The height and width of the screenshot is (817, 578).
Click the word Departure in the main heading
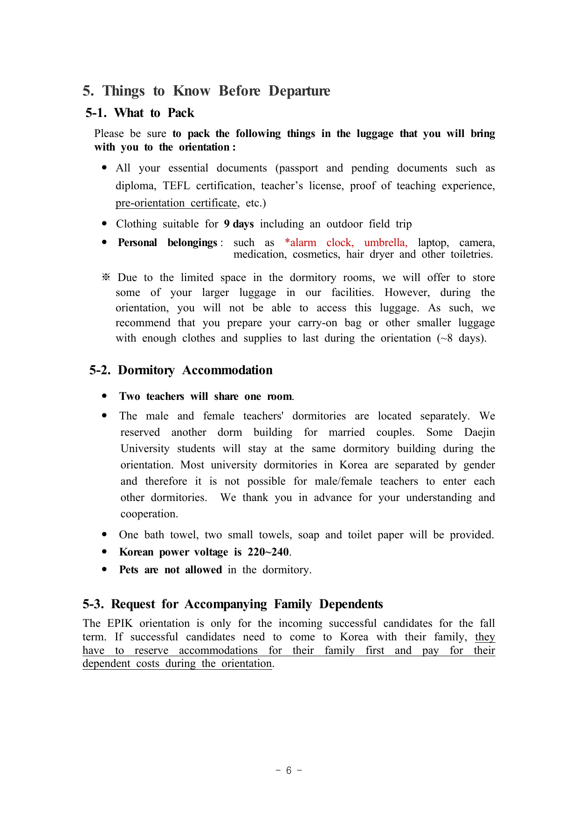(x=299, y=91)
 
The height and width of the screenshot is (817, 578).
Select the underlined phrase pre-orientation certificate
(x=177, y=203)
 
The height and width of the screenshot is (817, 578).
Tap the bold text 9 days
(x=239, y=224)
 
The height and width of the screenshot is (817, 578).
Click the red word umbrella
(x=385, y=243)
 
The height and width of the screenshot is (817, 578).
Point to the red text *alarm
(x=300, y=243)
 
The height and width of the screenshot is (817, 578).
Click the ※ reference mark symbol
(x=106, y=278)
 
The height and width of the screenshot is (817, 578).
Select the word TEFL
(x=176, y=186)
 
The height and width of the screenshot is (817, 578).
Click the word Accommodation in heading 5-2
(x=227, y=371)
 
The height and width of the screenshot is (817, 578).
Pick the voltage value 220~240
(x=268, y=552)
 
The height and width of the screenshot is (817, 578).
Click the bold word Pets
(x=129, y=570)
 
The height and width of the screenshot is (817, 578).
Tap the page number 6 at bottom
(x=289, y=770)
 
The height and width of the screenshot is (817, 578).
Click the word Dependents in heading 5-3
(x=351, y=604)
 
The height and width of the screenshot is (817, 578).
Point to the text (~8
(x=445, y=338)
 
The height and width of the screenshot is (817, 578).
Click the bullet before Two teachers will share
(x=104, y=396)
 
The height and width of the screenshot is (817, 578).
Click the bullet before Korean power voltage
(x=104, y=552)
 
